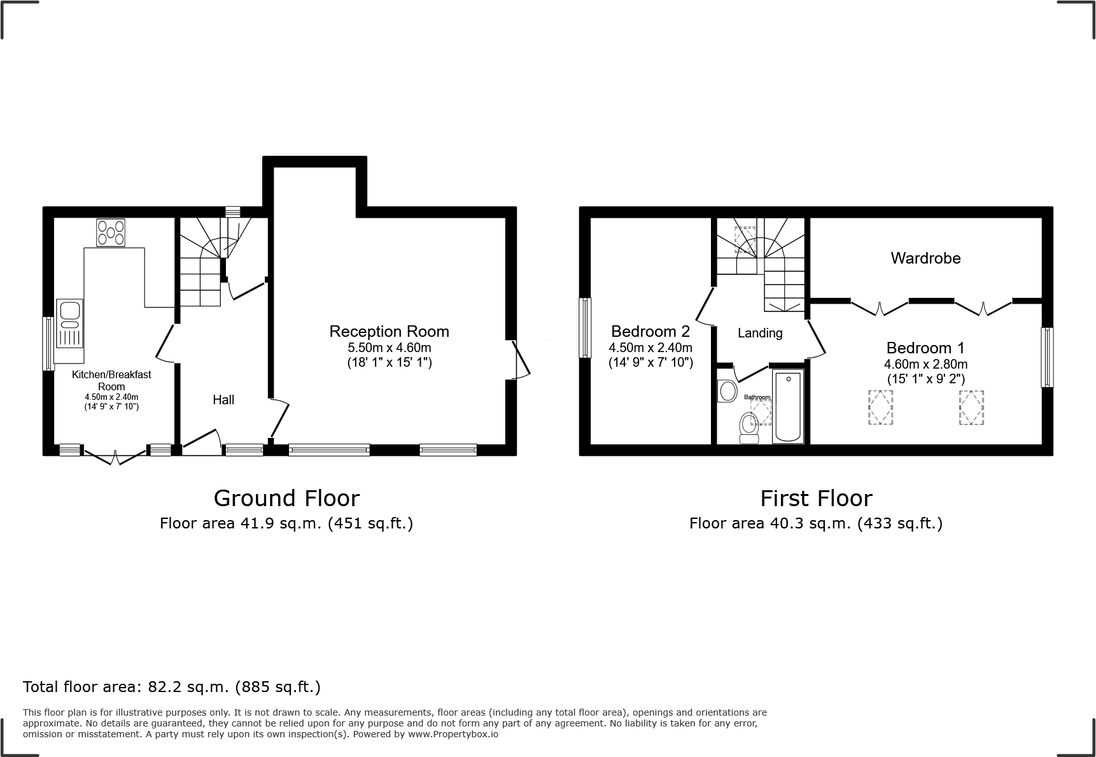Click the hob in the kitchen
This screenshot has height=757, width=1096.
pos(111,232)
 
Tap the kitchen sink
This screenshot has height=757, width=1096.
pos(69,323)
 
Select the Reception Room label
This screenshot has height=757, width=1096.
pos(389,331)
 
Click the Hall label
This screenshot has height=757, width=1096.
pos(223,400)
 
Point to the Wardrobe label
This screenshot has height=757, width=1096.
pos(925,258)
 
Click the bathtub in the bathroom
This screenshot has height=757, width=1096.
pos(788,407)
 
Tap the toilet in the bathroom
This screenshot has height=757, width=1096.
pos(748,428)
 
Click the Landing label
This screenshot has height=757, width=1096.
pos(760,333)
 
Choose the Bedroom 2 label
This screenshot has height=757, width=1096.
pos(650,331)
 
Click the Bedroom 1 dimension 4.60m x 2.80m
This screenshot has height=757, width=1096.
pos(925,364)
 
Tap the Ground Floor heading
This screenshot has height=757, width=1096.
pos(286,498)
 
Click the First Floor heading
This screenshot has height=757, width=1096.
pos(816,498)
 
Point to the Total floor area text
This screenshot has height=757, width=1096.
pos(172,687)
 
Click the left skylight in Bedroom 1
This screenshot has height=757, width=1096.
pos(880,407)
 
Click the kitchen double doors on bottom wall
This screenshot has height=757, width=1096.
pos(115,455)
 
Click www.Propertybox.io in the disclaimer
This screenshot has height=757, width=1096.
pos(453,734)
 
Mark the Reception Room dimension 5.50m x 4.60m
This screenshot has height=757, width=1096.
pos(389,348)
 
